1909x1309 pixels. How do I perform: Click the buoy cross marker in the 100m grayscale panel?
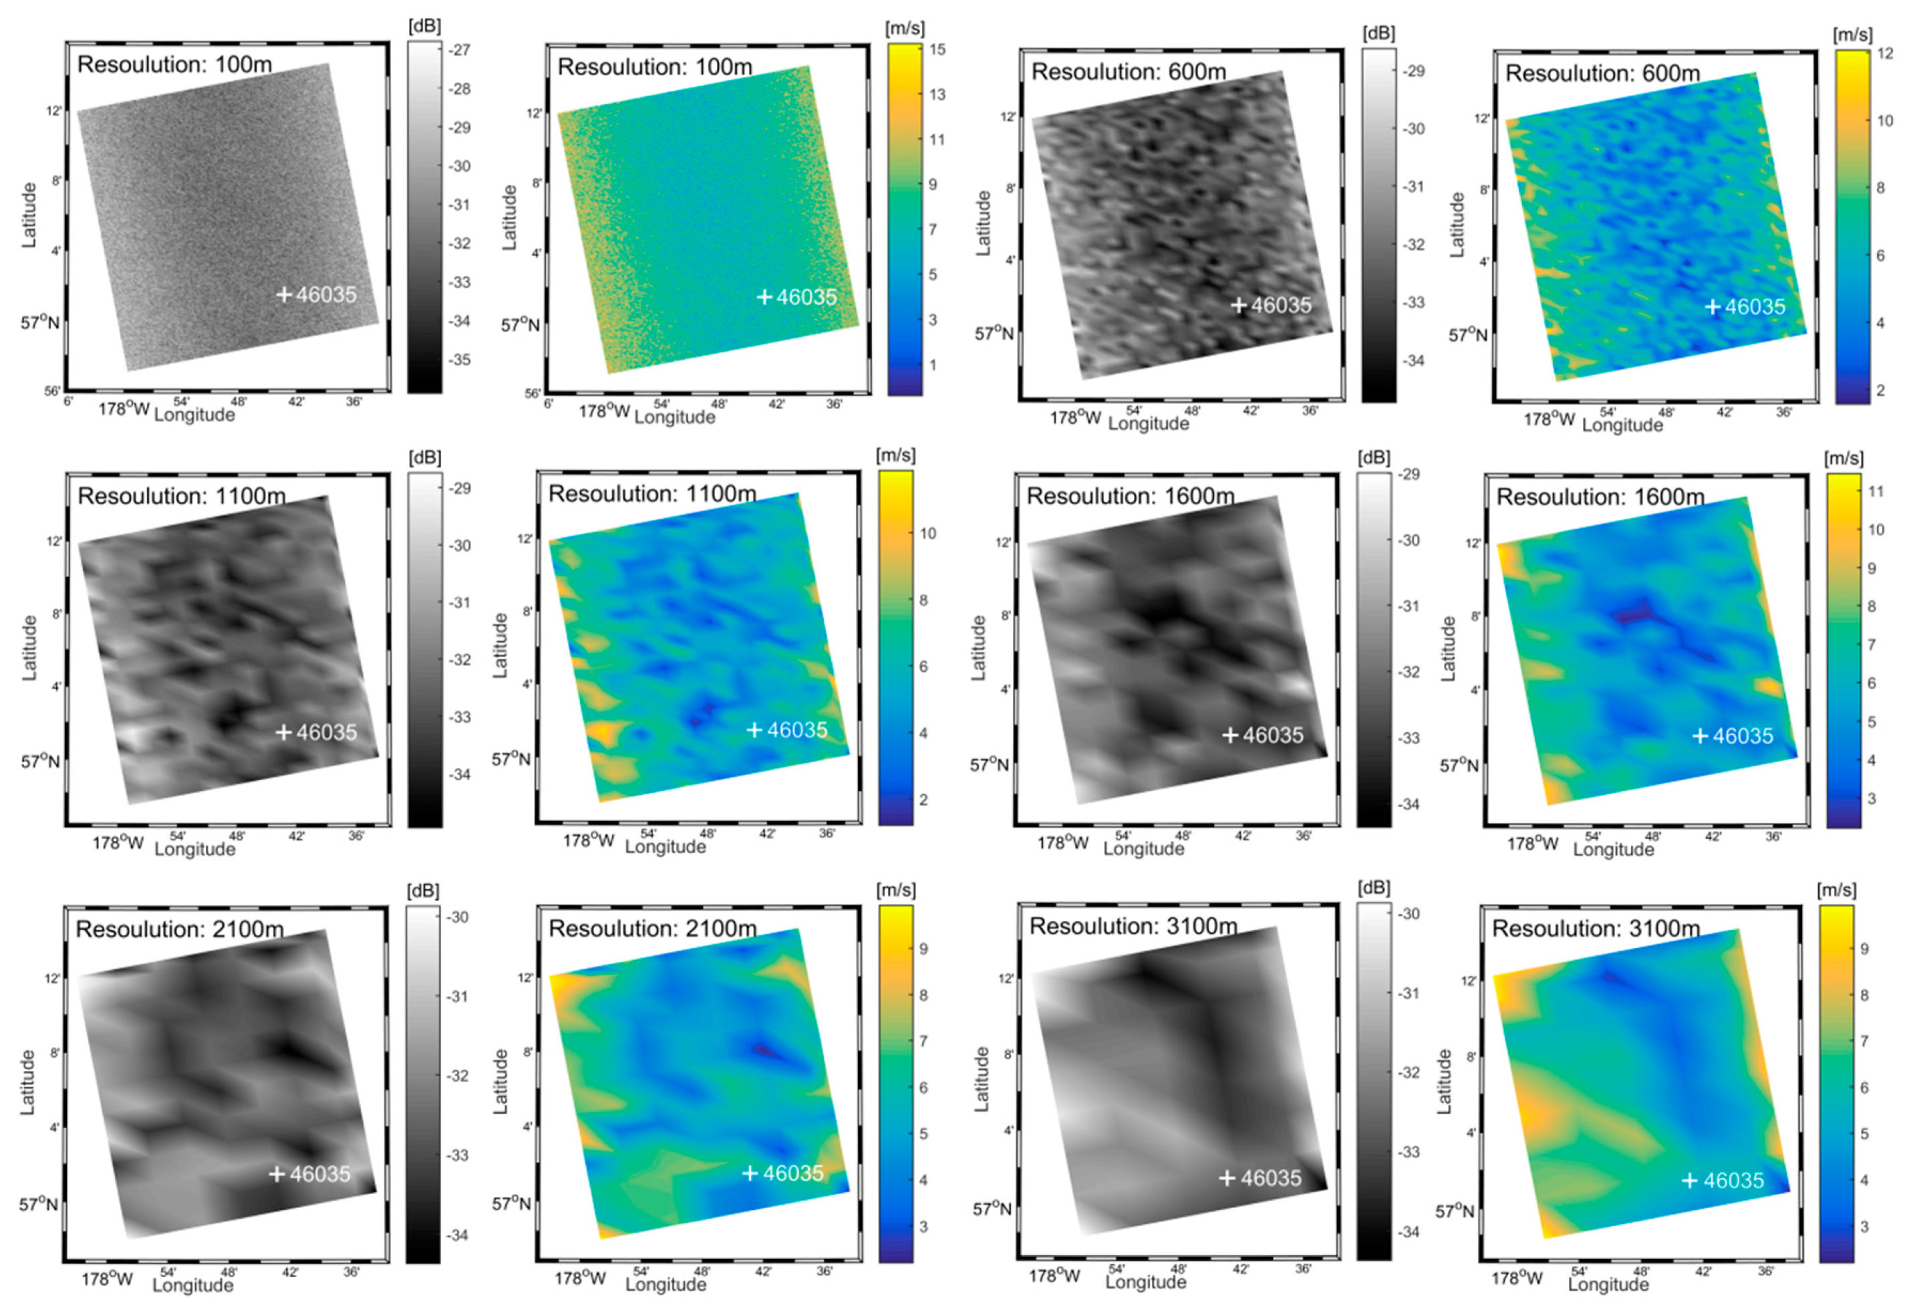coord(283,294)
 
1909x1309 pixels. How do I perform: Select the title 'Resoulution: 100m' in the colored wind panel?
coord(655,67)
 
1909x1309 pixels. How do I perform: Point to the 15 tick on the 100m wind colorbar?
coord(937,49)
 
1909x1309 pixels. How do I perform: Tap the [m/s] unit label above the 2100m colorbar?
coord(895,890)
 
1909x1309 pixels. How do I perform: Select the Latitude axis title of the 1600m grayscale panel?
coord(978,648)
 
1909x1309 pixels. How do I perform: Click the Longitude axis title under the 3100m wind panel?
coord(1608,1284)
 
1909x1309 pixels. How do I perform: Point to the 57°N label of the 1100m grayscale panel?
coord(40,761)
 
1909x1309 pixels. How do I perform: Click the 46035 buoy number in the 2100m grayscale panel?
coord(320,1174)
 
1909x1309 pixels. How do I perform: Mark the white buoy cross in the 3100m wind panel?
coord(1690,1180)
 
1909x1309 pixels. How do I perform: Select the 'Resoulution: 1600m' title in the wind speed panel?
coord(1600,497)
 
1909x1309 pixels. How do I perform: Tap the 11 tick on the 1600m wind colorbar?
coord(1876,491)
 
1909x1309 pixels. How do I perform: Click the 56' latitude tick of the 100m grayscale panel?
coord(51,391)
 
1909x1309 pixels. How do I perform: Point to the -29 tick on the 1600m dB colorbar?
coord(1410,474)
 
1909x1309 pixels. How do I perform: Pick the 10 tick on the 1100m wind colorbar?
coord(928,533)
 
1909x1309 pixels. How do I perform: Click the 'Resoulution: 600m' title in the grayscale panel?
coord(1128,72)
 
